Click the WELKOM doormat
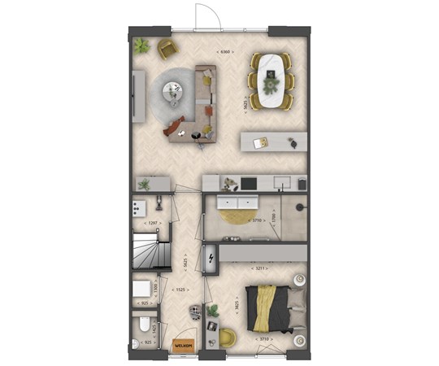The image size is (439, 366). point(183,346)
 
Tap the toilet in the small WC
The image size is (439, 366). point(143,328)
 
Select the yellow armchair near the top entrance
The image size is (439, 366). point(167,48)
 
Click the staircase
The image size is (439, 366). point(148,248)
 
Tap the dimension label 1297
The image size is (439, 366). point(150,222)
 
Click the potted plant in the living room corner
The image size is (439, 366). point(141,45)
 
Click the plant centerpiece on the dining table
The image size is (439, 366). point(271,81)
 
